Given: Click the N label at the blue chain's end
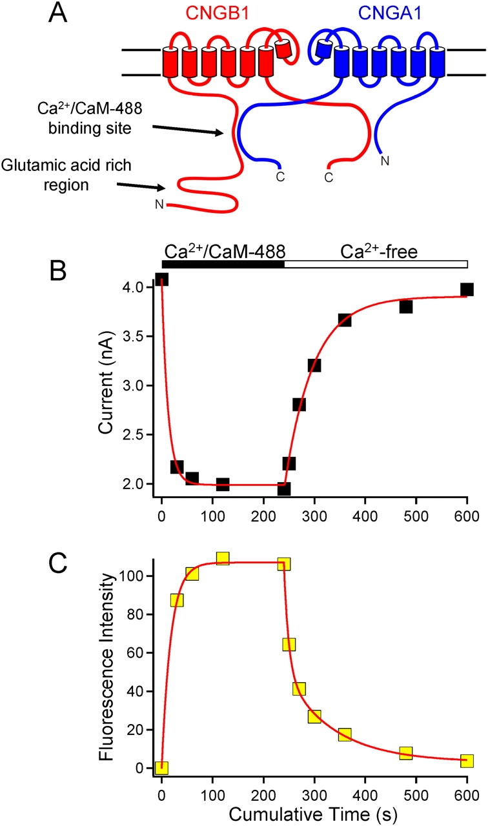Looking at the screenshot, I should pos(385,161).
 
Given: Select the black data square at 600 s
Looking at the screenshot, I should pos(467,289).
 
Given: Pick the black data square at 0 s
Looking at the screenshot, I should pos(161,279).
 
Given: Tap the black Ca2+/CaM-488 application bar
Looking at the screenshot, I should pos(223,264).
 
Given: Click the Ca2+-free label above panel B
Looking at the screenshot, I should pos(380,251).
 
